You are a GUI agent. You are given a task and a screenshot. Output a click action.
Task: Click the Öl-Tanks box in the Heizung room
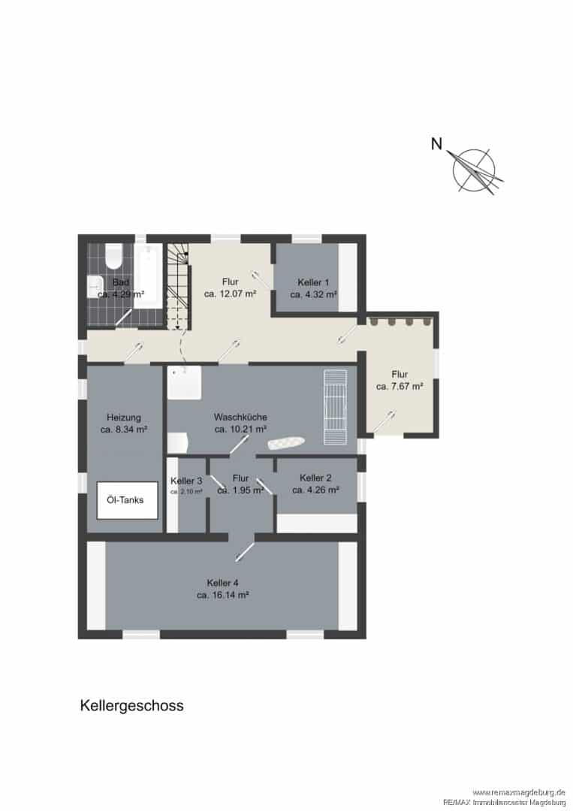coord(127,500)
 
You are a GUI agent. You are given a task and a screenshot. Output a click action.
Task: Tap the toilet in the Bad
coord(113,256)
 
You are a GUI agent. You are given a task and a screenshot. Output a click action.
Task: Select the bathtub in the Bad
coord(149,276)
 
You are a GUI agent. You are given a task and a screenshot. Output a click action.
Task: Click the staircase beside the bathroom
coord(178,287)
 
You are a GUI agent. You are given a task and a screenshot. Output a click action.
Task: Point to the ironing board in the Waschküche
coord(286,443)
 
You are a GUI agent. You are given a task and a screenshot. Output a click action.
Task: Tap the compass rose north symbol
coord(475,170)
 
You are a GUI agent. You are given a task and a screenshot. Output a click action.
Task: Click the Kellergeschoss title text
coord(132,705)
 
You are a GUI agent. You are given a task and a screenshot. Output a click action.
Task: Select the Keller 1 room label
coord(313,282)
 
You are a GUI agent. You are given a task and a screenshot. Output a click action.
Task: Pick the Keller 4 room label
coord(222,583)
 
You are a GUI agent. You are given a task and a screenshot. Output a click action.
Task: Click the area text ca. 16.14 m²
coord(223,595)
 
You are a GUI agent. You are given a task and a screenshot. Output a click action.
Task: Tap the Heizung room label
coord(124,418)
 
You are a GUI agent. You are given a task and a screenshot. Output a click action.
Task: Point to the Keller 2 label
coord(315,478)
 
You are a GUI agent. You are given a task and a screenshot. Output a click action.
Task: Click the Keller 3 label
coord(186,481)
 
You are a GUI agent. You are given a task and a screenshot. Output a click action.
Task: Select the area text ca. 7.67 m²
coord(400,387)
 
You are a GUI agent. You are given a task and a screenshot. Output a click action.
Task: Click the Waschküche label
coord(240,417)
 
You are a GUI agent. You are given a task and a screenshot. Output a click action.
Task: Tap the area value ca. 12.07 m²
coord(231,294)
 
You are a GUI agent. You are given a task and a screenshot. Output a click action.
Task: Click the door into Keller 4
coord(244,551)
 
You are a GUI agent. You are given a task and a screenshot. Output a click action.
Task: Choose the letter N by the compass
coord(437,143)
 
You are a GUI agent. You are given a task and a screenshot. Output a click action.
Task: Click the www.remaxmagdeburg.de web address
coord(519,792)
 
